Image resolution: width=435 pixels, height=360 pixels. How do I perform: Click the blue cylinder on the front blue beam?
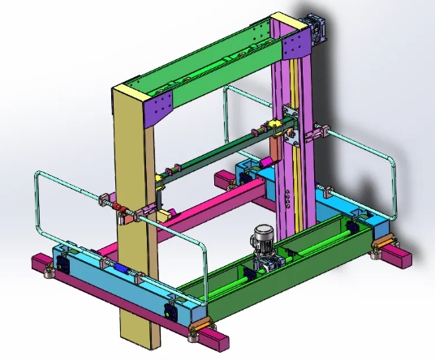(x=116, y=267)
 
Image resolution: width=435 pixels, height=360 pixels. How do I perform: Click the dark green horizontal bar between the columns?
(x=219, y=154)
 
